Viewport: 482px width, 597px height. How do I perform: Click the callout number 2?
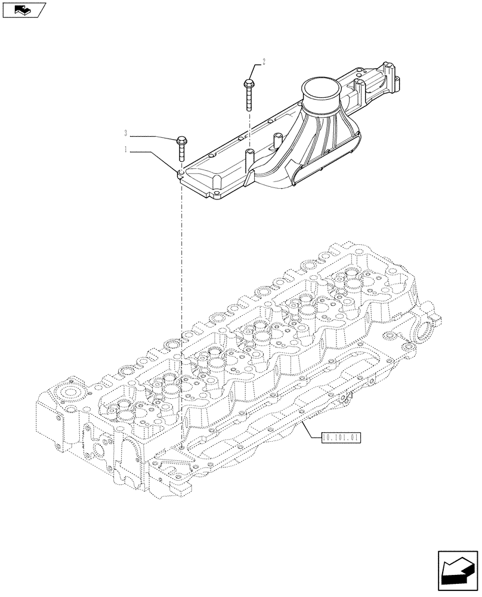263,61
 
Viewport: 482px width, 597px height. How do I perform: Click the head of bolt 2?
248,84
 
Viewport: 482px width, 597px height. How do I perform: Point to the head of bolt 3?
181,141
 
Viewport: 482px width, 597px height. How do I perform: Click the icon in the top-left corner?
23,10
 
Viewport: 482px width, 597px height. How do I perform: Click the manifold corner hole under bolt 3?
180,174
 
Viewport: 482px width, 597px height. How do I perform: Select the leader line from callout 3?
152,136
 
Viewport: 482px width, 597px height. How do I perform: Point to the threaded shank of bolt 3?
181,153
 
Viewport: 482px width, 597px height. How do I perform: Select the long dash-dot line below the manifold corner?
180,298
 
